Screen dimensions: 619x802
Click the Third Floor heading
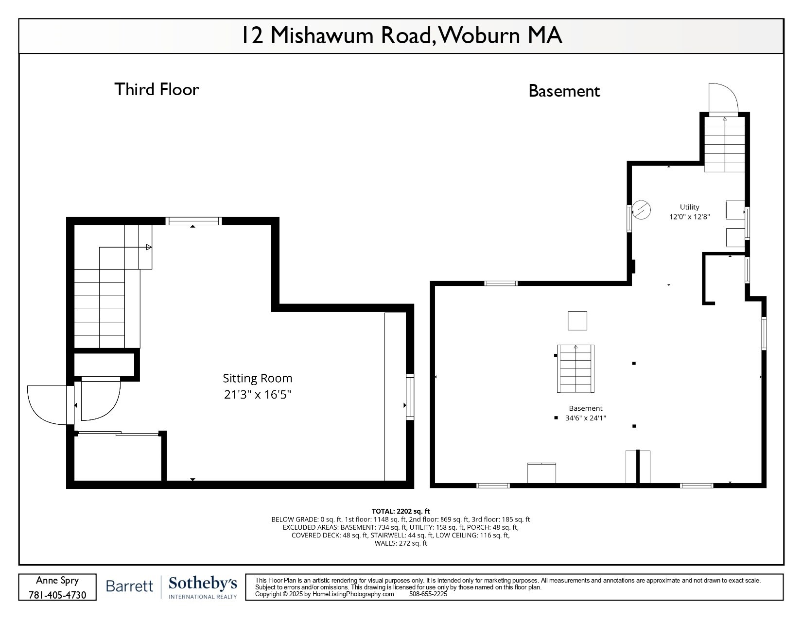tap(157, 89)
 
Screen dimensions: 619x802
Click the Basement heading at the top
tap(564, 91)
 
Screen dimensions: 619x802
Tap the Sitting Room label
tap(257, 378)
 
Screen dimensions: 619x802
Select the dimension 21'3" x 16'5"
tap(257, 394)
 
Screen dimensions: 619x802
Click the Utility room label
tap(689, 207)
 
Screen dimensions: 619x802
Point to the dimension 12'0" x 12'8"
tap(689, 217)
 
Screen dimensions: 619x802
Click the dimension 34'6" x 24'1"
tap(585, 418)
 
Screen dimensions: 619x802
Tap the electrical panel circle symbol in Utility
tap(641, 210)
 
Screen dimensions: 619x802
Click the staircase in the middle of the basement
tap(575, 369)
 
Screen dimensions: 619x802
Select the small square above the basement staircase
tap(577, 321)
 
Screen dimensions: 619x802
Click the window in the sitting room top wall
tap(193, 221)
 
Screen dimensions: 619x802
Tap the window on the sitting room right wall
tap(410, 397)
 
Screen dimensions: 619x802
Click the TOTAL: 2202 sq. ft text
tap(401, 511)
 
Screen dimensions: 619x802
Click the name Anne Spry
tap(57, 581)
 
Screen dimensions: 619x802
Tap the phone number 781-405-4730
tap(57, 595)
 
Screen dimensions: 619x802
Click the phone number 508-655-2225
tap(428, 594)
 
